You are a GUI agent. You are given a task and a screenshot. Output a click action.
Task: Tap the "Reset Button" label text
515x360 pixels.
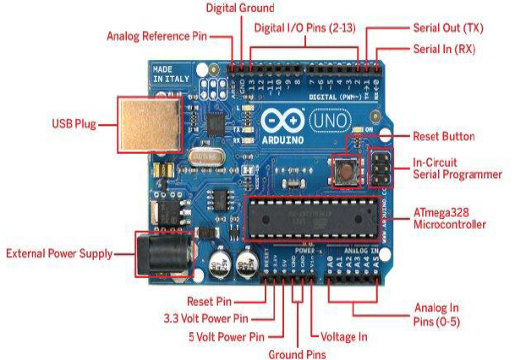pos(443,136)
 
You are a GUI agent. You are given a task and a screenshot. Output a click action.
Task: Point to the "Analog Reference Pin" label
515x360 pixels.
pos(156,37)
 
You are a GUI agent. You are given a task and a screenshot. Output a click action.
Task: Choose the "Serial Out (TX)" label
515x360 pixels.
pos(443,27)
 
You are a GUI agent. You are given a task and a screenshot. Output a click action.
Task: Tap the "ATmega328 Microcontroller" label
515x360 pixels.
pos(449,219)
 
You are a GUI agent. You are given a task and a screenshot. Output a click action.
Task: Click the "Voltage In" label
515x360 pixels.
pos(340,335)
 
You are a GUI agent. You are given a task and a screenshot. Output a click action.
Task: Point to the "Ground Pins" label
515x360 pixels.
pos(296,354)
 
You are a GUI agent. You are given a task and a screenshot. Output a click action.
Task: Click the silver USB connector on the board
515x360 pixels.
pos(147,125)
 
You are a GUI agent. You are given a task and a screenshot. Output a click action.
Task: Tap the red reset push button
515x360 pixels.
pos(346,171)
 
